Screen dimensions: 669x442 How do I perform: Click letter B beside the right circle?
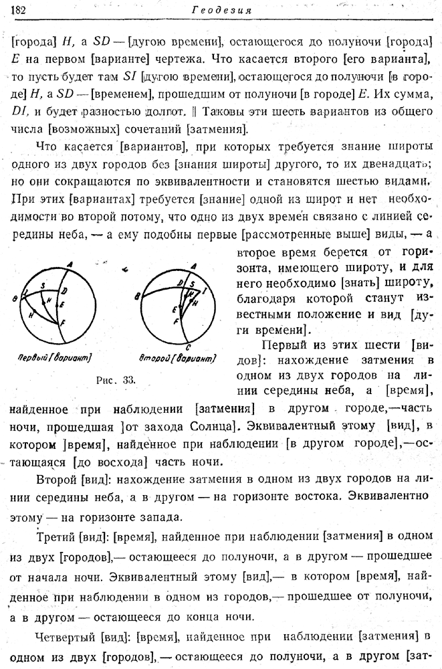click(136, 296)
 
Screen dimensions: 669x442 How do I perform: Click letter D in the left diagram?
click(64, 291)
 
